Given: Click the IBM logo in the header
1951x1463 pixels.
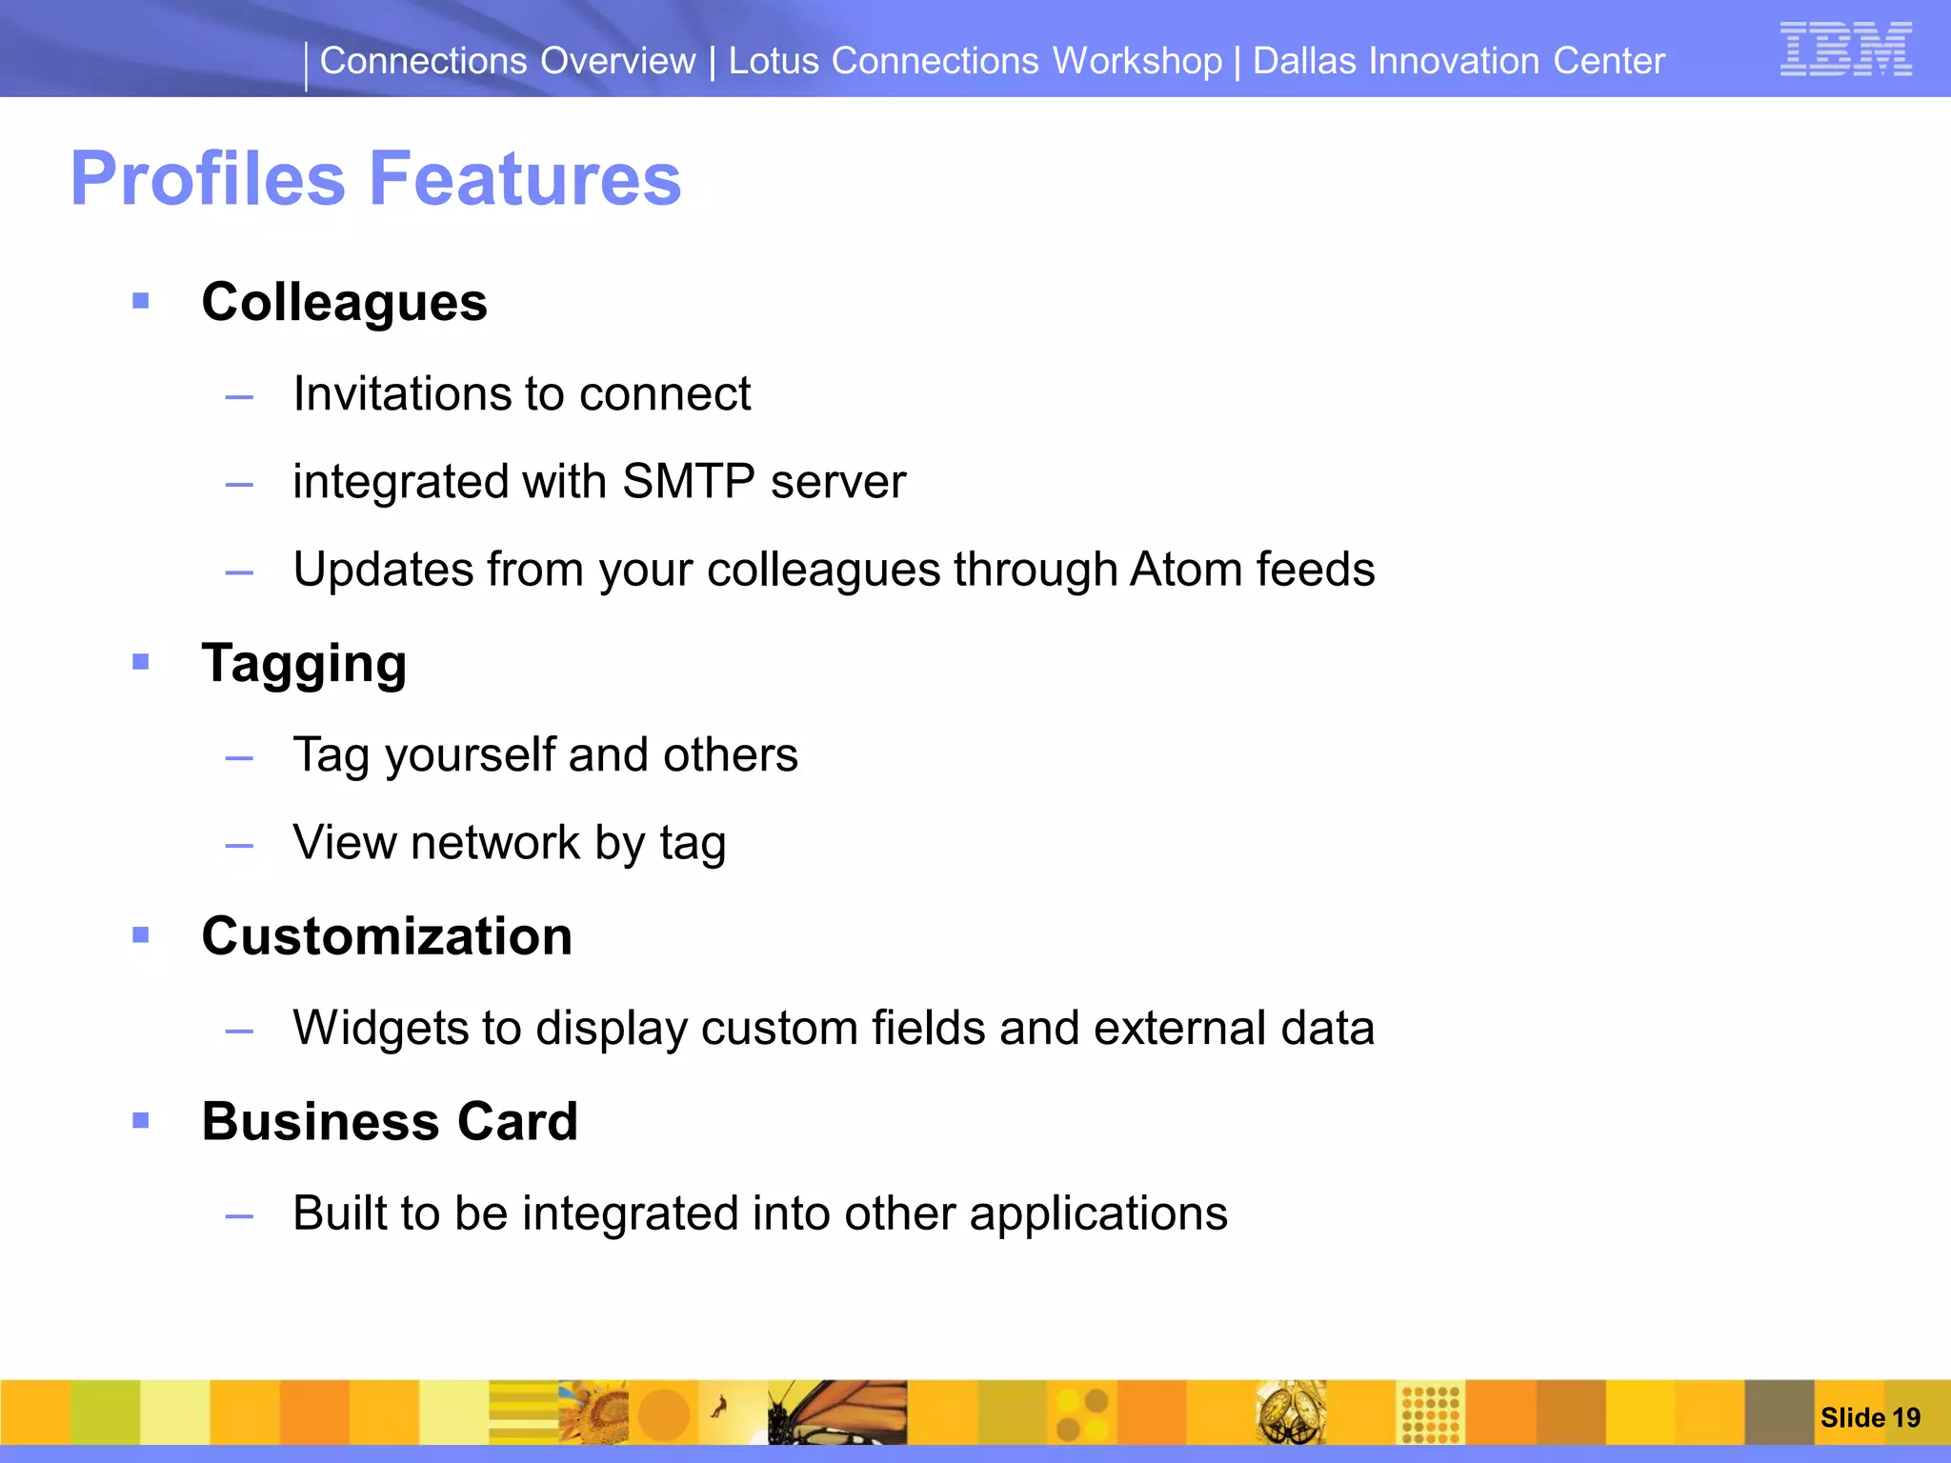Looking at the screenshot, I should pos(1845,49).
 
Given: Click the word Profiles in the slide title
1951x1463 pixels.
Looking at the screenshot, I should pos(208,179).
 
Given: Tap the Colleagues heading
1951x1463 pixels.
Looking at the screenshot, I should pos(344,303).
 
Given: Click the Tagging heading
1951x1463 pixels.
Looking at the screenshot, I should pos(304,664).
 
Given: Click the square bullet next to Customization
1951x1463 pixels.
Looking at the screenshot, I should pos(141,935).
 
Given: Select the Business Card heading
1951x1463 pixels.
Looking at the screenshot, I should pos(390,1122).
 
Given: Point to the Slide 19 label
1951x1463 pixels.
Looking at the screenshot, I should pos(1869,1417).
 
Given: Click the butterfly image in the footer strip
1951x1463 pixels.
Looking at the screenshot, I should pos(838,1413).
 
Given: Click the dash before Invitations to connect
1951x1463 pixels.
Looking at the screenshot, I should pos(239,396).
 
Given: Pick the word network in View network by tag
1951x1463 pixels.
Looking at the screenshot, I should pos(495,843).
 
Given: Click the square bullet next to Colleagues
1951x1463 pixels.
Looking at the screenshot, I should pos(141,302).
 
